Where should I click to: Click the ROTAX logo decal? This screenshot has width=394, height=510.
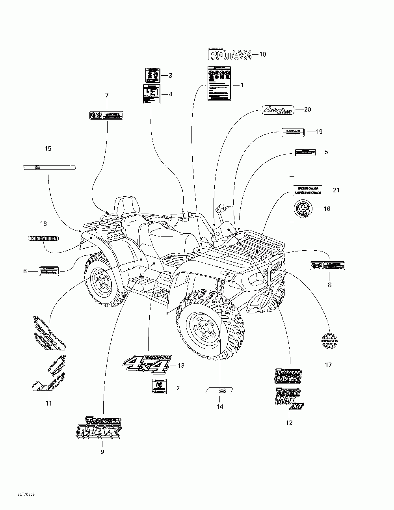229,54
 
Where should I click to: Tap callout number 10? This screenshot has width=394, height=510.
262,54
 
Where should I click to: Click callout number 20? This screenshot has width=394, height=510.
307,110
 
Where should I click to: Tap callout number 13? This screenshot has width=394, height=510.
181,365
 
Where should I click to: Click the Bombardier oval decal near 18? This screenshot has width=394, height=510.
43,238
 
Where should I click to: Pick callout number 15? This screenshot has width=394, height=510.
48,149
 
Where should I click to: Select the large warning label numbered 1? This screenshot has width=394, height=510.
219,83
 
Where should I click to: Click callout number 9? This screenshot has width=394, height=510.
102,452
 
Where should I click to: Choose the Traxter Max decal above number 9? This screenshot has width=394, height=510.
98,428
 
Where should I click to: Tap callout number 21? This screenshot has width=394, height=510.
336,190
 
